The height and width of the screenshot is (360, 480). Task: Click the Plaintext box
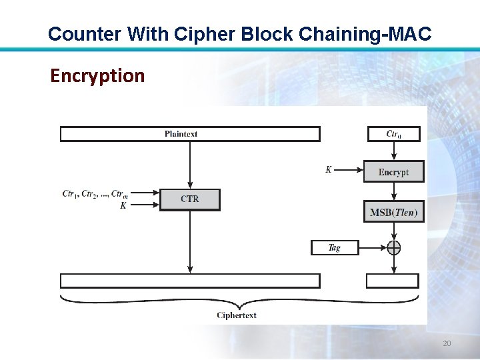click(x=190, y=134)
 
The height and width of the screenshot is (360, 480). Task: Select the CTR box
click(x=190, y=199)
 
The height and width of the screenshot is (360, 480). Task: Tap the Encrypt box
click(x=393, y=172)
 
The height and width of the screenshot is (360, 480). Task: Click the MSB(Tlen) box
click(x=393, y=212)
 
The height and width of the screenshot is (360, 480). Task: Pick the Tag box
click(x=335, y=247)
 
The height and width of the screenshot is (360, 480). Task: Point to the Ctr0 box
click(x=394, y=134)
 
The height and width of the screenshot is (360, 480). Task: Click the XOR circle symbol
click(x=394, y=247)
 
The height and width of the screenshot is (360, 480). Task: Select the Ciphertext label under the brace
click(x=237, y=315)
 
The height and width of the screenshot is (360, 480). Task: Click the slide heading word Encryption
click(x=97, y=76)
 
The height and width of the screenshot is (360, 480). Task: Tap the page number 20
click(x=447, y=343)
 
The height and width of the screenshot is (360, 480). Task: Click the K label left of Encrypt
click(x=329, y=170)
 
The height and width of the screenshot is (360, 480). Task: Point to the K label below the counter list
click(x=123, y=206)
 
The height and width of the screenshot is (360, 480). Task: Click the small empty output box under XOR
click(x=393, y=281)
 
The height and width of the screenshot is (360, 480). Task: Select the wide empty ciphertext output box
click(x=190, y=281)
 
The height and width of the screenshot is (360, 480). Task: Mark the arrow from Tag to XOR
click(x=373, y=247)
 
